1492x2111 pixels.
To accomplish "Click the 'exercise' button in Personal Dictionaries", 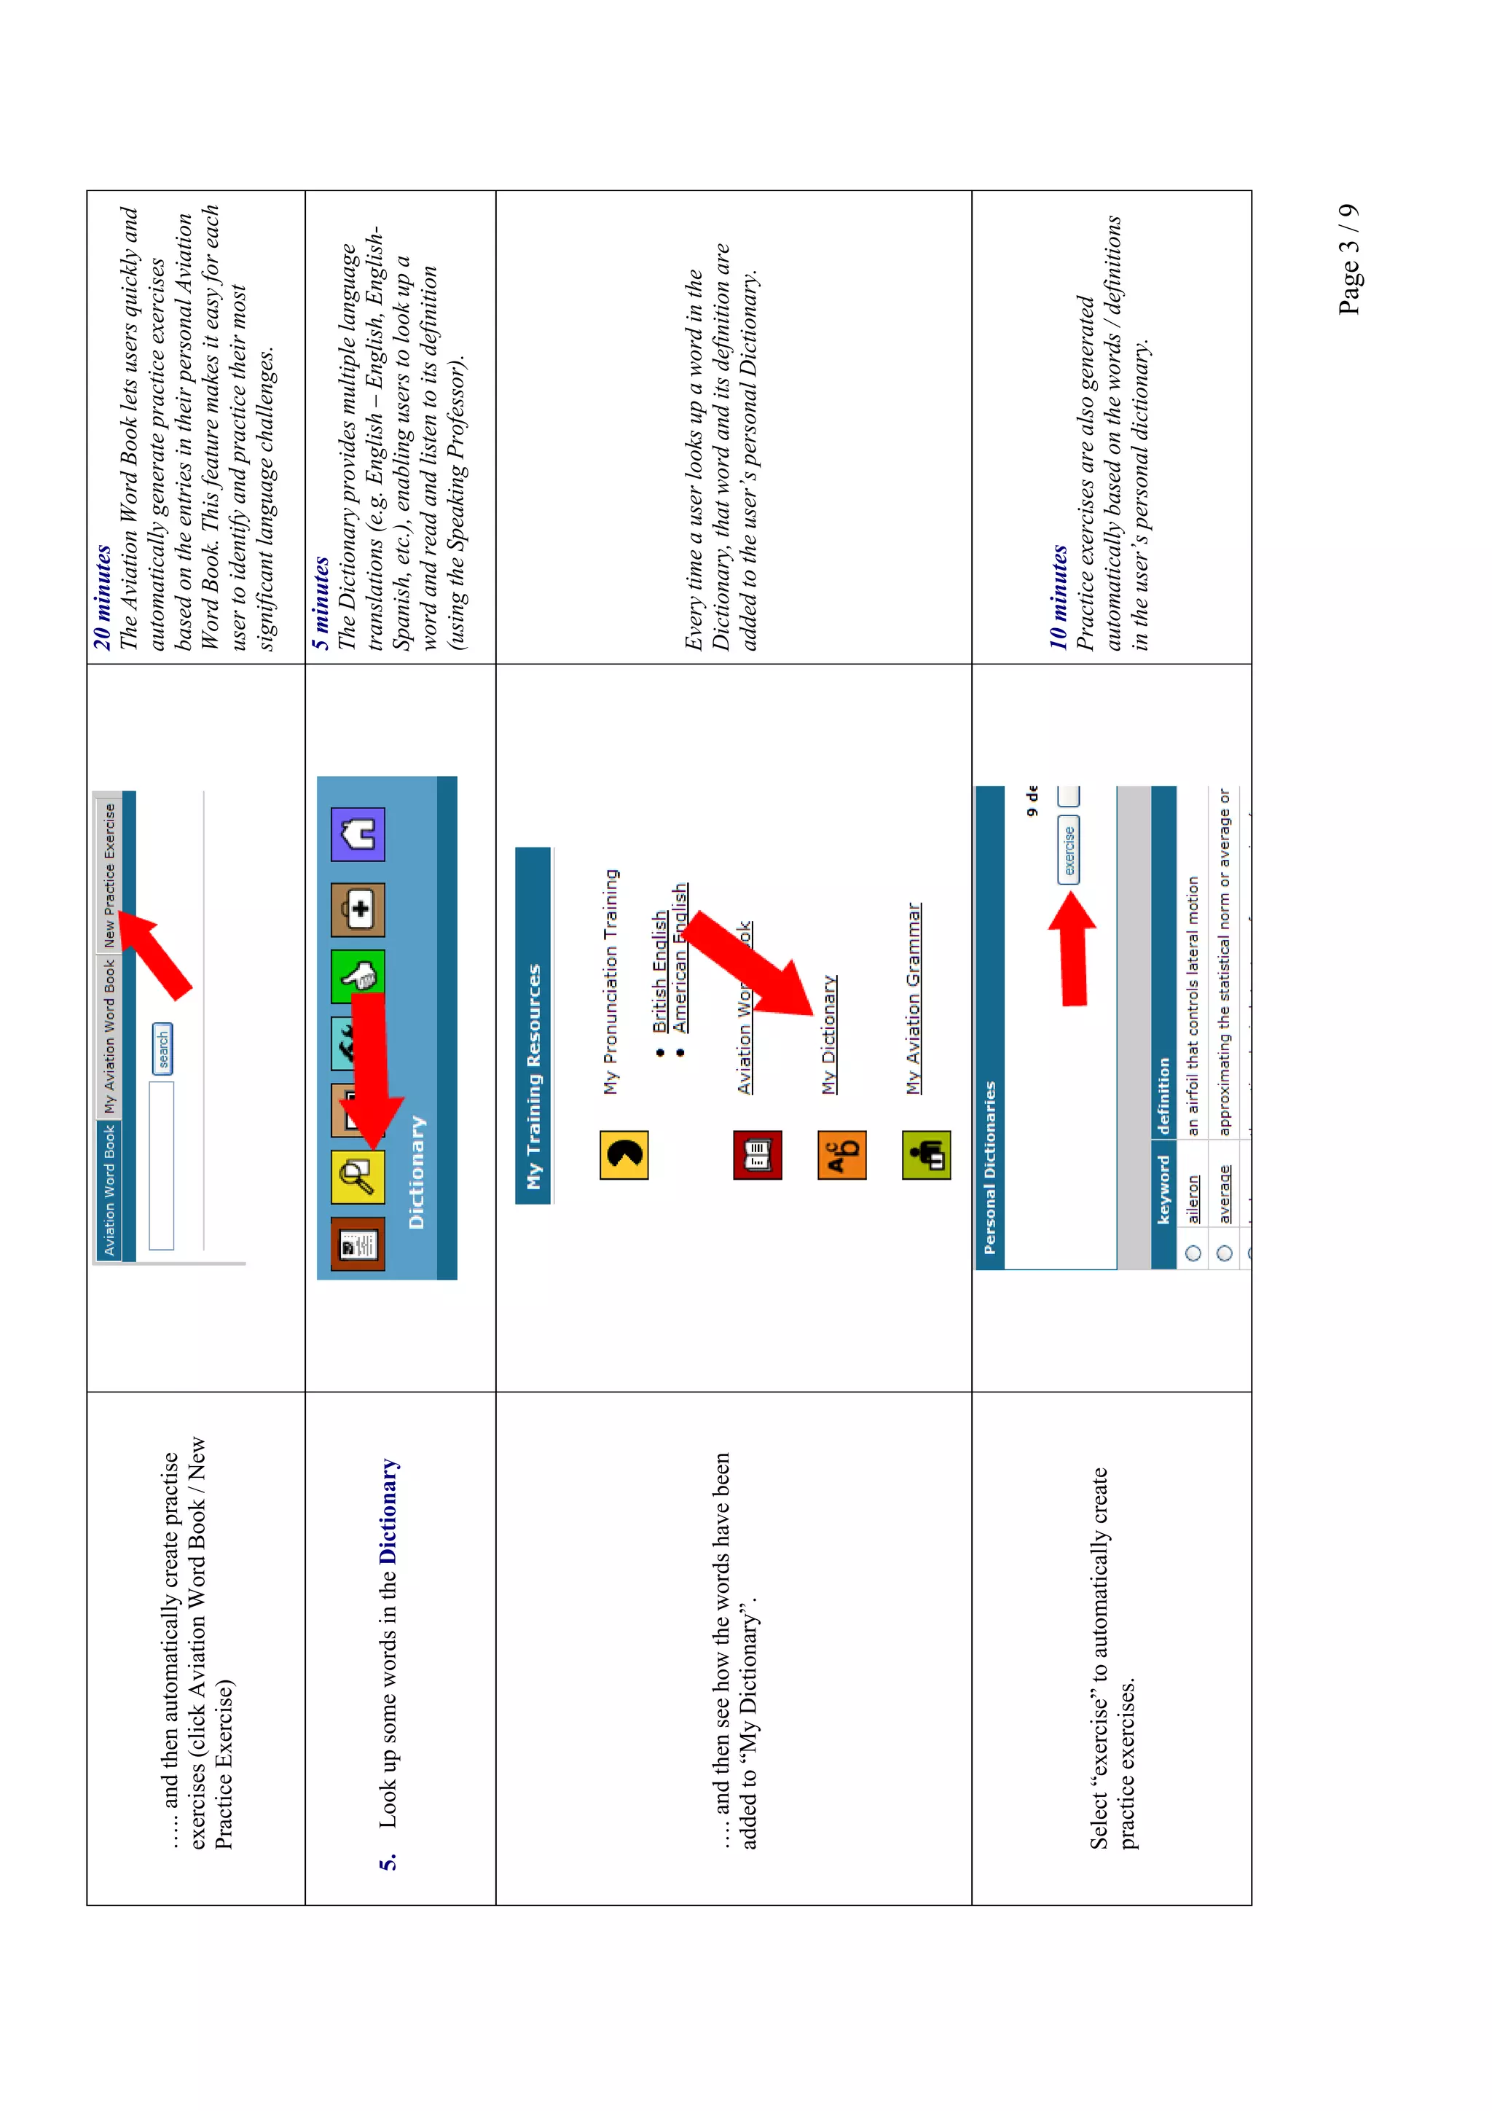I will (1068, 850).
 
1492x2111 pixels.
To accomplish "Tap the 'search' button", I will (162, 1048).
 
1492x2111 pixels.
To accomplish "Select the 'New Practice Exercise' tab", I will (109, 874).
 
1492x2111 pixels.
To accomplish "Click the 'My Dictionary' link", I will (829, 1034).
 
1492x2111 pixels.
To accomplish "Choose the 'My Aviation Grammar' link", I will (913, 998).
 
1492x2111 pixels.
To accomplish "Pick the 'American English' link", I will (680, 957).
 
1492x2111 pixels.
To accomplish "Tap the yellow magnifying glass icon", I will (358, 1177).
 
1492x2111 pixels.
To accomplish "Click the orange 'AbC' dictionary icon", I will (841, 1155).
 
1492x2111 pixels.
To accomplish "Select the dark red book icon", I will (758, 1155).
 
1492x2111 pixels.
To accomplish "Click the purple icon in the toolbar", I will (358, 834).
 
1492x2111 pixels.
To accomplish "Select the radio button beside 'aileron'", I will (1193, 1253).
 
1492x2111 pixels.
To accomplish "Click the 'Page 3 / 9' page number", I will (1348, 259).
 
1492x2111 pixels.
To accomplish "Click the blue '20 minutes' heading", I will (102, 598).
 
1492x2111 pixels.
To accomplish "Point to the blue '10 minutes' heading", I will (1058, 598).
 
